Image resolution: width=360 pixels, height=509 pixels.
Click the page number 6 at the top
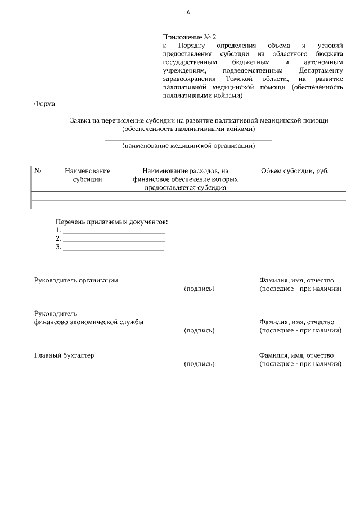(188, 12)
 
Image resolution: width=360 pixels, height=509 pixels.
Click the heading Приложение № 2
(190, 37)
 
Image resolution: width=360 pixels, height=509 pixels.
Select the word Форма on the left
(44, 104)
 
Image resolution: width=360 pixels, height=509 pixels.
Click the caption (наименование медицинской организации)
(188, 146)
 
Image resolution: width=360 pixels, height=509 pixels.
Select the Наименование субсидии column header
(87, 175)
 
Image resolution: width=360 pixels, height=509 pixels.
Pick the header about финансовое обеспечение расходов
(185, 179)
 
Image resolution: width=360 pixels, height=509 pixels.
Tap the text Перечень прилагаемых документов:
(112, 222)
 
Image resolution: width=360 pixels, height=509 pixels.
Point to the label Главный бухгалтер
(64, 355)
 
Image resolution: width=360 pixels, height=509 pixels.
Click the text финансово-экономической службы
(88, 322)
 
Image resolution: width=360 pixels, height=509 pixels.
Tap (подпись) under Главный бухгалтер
(199, 364)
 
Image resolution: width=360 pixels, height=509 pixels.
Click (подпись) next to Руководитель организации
(199, 289)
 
